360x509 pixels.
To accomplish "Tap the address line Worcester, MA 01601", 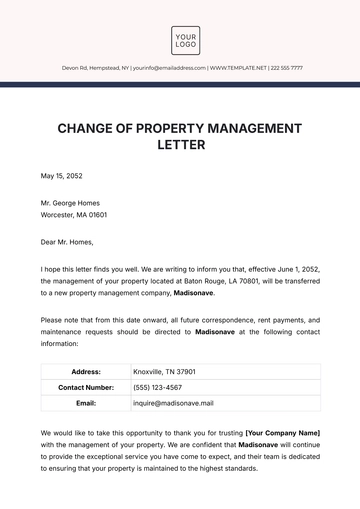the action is click(x=73, y=214).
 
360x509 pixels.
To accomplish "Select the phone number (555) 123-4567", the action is click(x=158, y=387).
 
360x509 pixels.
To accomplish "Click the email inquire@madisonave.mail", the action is click(x=173, y=403).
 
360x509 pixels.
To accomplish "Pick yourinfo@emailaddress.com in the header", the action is click(x=162, y=68).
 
